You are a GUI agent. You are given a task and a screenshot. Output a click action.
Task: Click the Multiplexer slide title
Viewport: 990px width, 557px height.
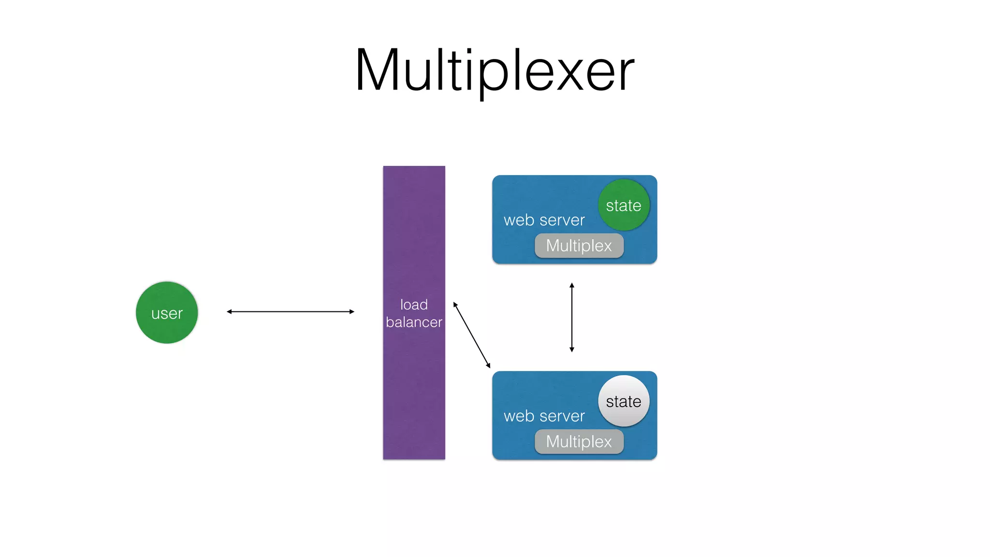point(495,71)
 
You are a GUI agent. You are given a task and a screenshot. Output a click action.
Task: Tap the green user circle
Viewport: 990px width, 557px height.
point(167,313)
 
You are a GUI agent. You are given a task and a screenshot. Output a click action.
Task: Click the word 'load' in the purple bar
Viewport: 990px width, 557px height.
point(414,305)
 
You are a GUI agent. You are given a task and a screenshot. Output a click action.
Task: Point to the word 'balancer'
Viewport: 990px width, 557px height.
point(414,322)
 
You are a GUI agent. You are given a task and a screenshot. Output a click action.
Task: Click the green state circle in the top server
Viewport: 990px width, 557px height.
point(624,205)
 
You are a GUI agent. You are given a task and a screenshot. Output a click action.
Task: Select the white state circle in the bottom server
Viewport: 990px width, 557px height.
point(624,401)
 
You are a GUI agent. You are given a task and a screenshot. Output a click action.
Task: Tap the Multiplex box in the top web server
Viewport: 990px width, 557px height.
point(579,246)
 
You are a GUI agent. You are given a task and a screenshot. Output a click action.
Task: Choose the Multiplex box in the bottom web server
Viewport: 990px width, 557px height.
point(579,441)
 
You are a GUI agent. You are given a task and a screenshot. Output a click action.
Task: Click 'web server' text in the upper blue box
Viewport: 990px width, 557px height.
point(544,220)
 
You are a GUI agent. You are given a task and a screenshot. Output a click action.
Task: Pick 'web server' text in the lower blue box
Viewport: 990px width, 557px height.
point(544,416)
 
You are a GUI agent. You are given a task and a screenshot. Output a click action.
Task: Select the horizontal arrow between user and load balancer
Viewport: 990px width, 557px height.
point(290,312)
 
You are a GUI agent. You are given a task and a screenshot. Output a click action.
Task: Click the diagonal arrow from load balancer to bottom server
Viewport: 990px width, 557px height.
point(472,335)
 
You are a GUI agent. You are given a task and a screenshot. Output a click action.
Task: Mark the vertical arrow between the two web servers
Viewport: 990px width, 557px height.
point(572,317)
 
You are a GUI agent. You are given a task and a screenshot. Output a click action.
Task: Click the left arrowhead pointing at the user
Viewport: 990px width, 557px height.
point(229,312)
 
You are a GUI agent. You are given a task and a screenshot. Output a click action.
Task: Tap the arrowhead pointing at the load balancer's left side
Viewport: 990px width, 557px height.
point(352,312)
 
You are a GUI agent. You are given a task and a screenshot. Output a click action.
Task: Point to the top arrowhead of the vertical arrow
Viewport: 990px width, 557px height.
point(572,285)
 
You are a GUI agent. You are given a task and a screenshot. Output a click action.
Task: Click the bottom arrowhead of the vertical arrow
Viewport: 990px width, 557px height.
point(572,349)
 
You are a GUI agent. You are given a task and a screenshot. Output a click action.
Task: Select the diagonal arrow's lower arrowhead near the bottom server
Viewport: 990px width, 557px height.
point(489,366)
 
